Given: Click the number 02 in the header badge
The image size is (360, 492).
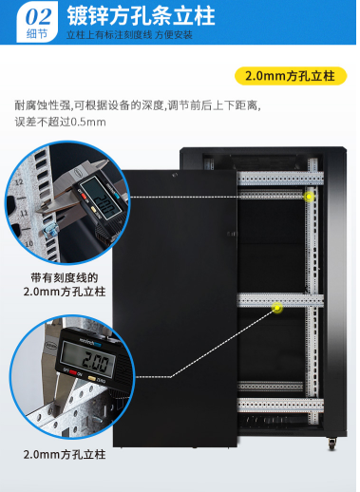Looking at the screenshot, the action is pyautogui.click(x=38, y=16).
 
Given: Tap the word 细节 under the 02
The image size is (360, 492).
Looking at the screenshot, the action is pyautogui.click(x=37, y=33).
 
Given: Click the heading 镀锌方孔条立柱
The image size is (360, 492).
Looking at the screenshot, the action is pyautogui.click(x=141, y=16).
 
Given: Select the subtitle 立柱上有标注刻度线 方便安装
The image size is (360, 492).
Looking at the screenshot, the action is pyautogui.click(x=129, y=34).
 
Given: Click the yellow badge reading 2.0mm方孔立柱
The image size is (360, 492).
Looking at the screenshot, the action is pyautogui.click(x=291, y=76).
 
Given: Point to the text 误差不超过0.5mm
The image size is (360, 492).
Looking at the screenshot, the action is pyautogui.click(x=60, y=122).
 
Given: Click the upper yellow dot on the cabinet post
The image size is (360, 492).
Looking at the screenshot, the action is pyautogui.click(x=309, y=197).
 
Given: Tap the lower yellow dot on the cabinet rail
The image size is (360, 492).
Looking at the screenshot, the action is pyautogui.click(x=277, y=308).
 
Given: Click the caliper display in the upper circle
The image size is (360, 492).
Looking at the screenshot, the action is pyautogui.click(x=100, y=199).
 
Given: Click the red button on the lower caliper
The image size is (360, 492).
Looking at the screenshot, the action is pyautogui.click(x=72, y=372).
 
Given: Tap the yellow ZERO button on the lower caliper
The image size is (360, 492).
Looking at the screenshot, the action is pyautogui.click(x=92, y=378).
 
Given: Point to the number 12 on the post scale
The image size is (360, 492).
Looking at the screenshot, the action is pyautogui.click(x=19, y=182).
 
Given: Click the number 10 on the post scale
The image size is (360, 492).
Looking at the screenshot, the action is pyautogui.click(x=28, y=244).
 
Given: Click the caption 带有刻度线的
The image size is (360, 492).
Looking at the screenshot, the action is pyautogui.click(x=65, y=277).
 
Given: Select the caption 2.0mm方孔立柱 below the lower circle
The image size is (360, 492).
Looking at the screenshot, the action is pyautogui.click(x=65, y=455).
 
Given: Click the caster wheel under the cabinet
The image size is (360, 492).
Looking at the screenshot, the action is pyautogui.click(x=332, y=444).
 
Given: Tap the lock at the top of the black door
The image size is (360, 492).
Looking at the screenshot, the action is pyautogui.click(x=174, y=175).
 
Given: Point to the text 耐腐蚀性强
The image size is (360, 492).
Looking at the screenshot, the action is pyautogui.click(x=43, y=105).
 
